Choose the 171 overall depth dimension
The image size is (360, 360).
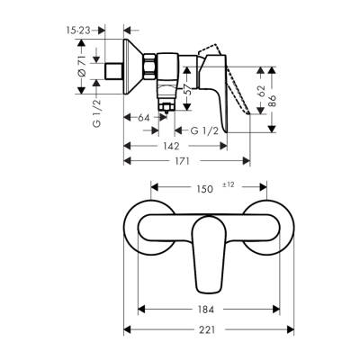pyautogui.click(x=186, y=163)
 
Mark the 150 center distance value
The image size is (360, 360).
pyautogui.click(x=205, y=190)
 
